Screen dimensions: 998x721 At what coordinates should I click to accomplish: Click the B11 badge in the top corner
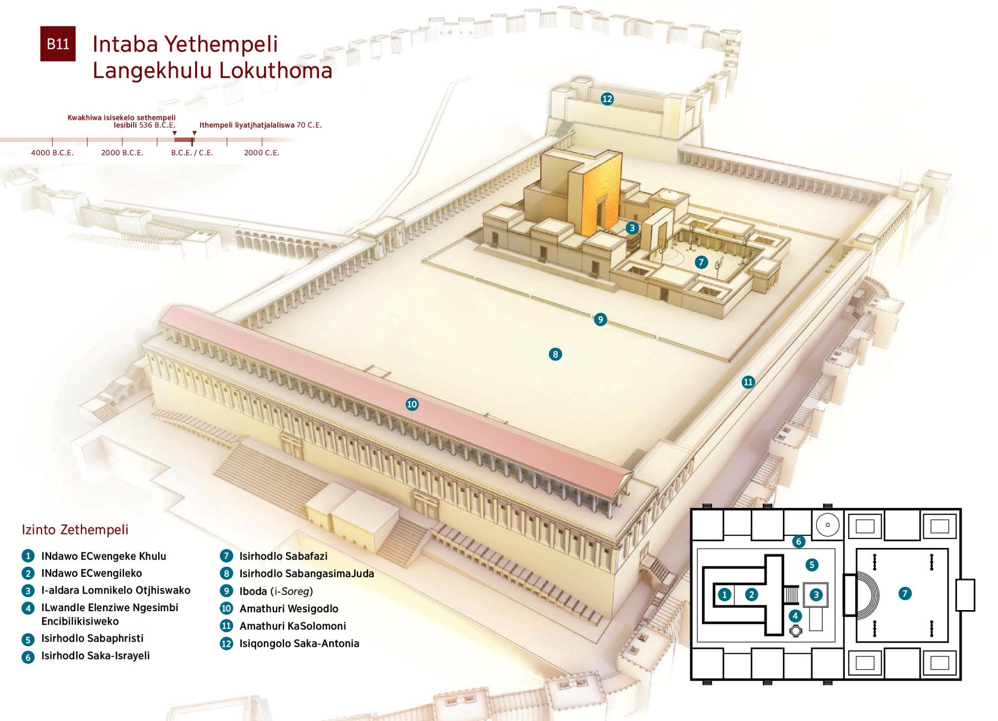58,44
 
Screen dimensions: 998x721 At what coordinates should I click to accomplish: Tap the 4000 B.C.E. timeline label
52,153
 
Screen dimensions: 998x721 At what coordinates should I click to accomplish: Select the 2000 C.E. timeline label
262,153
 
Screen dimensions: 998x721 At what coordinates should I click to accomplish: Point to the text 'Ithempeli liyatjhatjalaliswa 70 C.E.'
261,125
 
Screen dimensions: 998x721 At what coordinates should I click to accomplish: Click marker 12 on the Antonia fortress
607,99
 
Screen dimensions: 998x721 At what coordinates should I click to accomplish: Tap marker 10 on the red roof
411,404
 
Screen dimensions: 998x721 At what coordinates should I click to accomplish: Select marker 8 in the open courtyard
555,354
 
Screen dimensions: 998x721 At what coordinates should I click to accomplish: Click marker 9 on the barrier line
600,319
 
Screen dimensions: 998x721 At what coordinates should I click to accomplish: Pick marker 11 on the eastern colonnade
748,382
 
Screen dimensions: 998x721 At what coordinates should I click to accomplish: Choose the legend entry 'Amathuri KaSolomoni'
293,626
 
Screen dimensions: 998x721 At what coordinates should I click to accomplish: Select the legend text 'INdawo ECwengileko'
91,573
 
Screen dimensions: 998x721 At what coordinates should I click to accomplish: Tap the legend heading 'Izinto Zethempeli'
75,530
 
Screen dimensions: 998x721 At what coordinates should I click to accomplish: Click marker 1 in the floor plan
724,595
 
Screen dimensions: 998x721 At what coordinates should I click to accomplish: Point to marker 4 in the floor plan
796,616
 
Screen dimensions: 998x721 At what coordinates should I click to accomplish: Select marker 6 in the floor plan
798,541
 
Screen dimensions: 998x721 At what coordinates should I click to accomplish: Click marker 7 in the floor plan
905,593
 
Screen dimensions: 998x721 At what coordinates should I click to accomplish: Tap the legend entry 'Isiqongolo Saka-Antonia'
299,644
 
